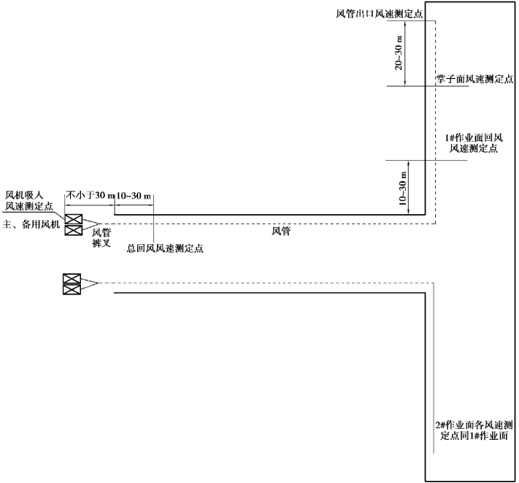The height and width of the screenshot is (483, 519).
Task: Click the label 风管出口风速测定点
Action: [x=373, y=14]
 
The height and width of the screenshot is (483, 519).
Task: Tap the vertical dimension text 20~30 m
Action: [x=399, y=54]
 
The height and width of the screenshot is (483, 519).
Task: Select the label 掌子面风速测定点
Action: [x=474, y=80]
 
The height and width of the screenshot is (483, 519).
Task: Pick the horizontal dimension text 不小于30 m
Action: [x=89, y=196]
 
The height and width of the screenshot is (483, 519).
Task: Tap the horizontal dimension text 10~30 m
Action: [x=134, y=196]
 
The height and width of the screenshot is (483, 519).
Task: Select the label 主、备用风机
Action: [x=31, y=224]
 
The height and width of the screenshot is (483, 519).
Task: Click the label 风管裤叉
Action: [x=101, y=238]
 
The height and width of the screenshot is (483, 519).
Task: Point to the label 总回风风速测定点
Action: [x=165, y=248]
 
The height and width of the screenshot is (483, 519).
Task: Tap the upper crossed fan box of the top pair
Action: [x=72, y=218]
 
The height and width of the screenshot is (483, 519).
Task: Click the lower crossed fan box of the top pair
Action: [x=72, y=230]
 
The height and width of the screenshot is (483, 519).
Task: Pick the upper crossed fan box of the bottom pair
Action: [x=71, y=278]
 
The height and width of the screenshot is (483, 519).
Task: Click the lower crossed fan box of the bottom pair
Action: [x=71, y=289]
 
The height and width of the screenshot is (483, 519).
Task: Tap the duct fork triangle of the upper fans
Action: [x=91, y=224]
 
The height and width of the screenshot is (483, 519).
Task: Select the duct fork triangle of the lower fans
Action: [x=89, y=284]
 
